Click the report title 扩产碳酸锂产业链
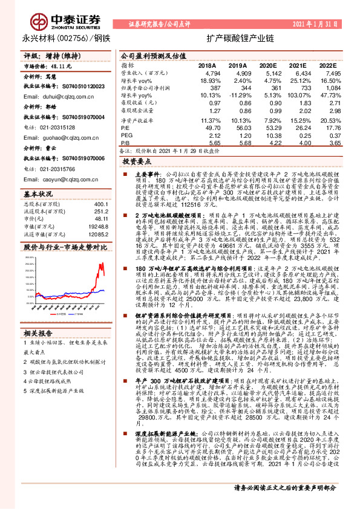235,37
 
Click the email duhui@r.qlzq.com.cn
58,96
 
